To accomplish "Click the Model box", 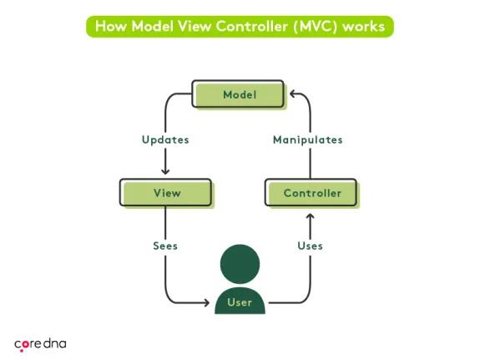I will (239, 94).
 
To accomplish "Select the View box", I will (167, 193).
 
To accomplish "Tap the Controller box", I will (312, 193).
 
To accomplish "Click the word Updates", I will (165, 140).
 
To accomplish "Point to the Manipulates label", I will (308, 140).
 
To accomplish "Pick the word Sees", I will (165, 246).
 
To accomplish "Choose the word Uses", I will (311, 246).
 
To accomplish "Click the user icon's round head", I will (240, 264).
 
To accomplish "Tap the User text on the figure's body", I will (240, 302).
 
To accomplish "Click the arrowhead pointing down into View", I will (165, 171).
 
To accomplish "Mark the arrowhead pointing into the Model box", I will (290, 94).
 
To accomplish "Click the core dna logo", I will (41, 343).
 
